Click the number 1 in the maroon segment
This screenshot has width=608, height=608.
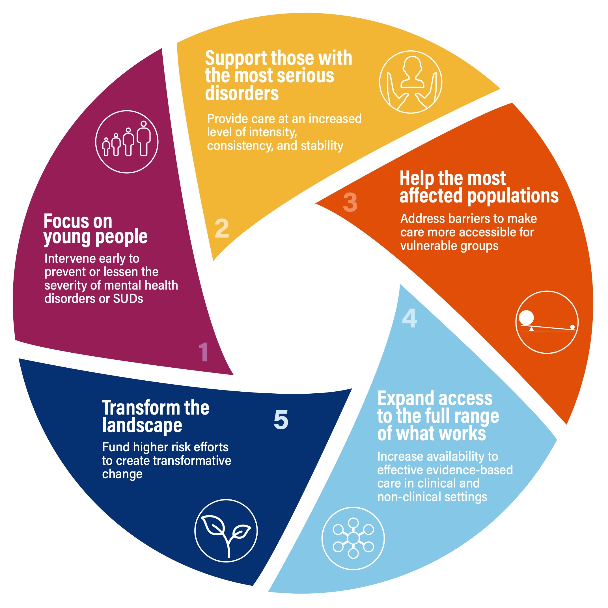(x=203, y=352)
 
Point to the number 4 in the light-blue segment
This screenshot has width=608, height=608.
(x=409, y=318)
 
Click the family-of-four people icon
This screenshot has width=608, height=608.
(x=127, y=142)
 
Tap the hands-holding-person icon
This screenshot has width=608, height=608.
(x=410, y=82)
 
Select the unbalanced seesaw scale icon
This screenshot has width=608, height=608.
(x=547, y=322)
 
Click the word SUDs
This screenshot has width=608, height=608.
(x=128, y=298)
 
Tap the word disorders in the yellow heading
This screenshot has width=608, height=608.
(x=242, y=94)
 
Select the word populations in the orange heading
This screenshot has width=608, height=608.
(x=513, y=196)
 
